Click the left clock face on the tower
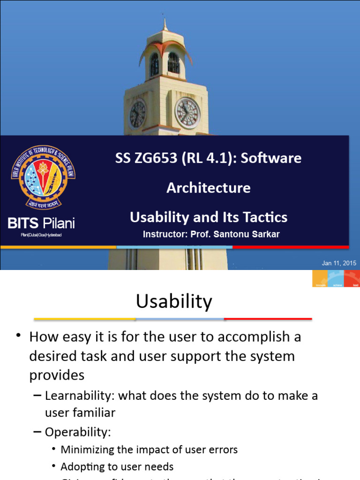pos(137,114)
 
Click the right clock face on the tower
pos(187,113)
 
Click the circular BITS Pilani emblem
pos(43,177)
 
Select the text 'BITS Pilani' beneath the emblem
pos(41,223)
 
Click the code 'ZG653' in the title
pos(154,158)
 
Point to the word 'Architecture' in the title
pos(209,188)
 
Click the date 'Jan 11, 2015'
pos(339,263)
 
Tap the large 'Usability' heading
pos(174,301)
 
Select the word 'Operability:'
pos(78,432)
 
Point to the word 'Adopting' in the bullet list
pos(82,467)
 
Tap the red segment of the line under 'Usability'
pos(268,319)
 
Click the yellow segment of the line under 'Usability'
pos(85,319)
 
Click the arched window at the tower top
pos(173,63)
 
